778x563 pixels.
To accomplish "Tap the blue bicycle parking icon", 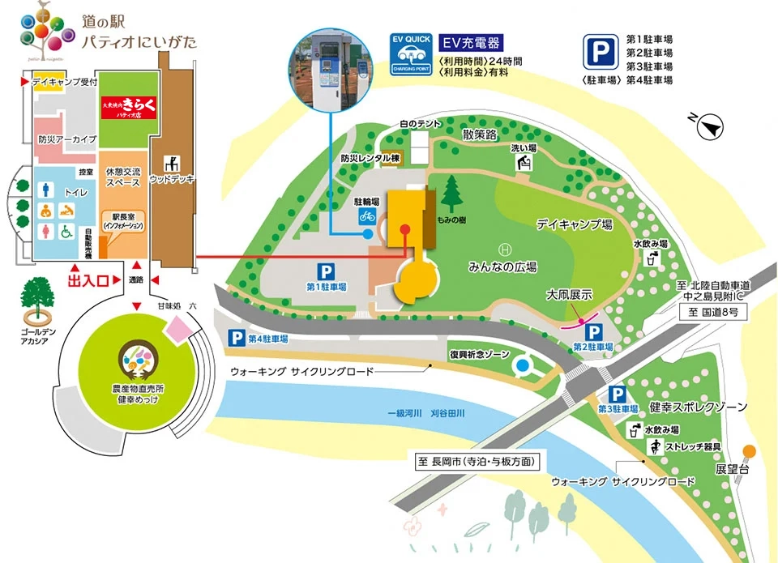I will pos(367,215).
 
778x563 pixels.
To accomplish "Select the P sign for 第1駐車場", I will pos(326,273).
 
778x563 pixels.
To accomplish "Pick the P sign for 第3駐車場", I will pos(618,395).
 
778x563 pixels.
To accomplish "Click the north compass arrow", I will pos(711,126).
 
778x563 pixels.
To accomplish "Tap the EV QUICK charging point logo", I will pos(412,54).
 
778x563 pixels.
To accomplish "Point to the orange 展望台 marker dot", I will pos(750,450).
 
